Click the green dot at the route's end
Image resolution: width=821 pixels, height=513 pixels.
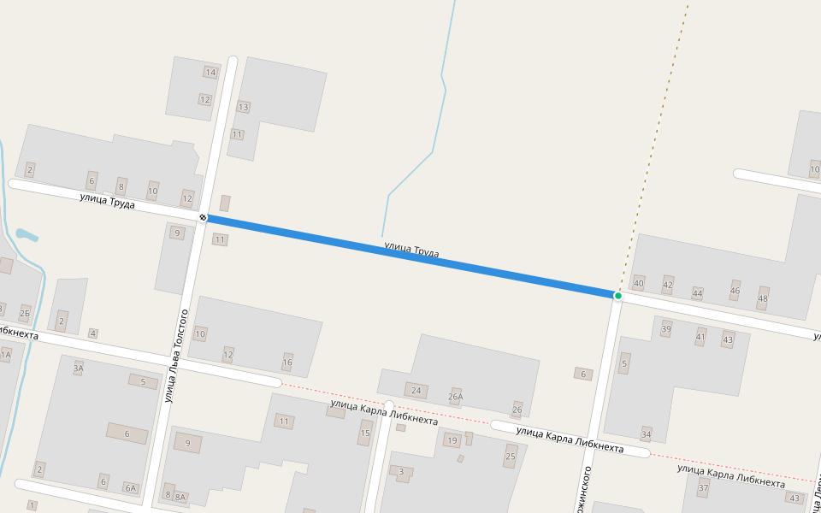tap(617, 296)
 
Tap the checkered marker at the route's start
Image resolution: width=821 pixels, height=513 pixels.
tap(204, 218)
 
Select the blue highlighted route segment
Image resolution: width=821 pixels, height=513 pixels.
tap(410, 256)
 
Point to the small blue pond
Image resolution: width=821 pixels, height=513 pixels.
tap(27, 233)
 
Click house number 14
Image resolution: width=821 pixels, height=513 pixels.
tap(210, 72)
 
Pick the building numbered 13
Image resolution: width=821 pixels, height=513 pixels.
tap(243, 107)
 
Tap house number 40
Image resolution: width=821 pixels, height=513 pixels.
tap(638, 283)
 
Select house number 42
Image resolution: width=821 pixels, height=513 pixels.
tap(668, 285)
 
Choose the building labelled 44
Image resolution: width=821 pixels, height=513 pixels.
tap(697, 293)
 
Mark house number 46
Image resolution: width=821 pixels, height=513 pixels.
tap(735, 291)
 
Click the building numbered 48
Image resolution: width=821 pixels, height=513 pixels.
tap(762, 298)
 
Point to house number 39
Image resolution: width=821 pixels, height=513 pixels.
tap(666, 328)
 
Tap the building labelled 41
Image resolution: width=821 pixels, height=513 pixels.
tap(700, 337)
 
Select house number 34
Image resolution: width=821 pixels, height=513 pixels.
tap(646, 434)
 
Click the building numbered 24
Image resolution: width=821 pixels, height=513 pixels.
tap(416, 391)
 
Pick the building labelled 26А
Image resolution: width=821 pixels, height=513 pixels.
tap(455, 396)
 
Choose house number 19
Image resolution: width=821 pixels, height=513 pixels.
tap(452, 440)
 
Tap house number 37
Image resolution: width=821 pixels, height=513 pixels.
tap(704, 488)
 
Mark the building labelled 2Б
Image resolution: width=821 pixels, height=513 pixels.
tap(25, 313)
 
